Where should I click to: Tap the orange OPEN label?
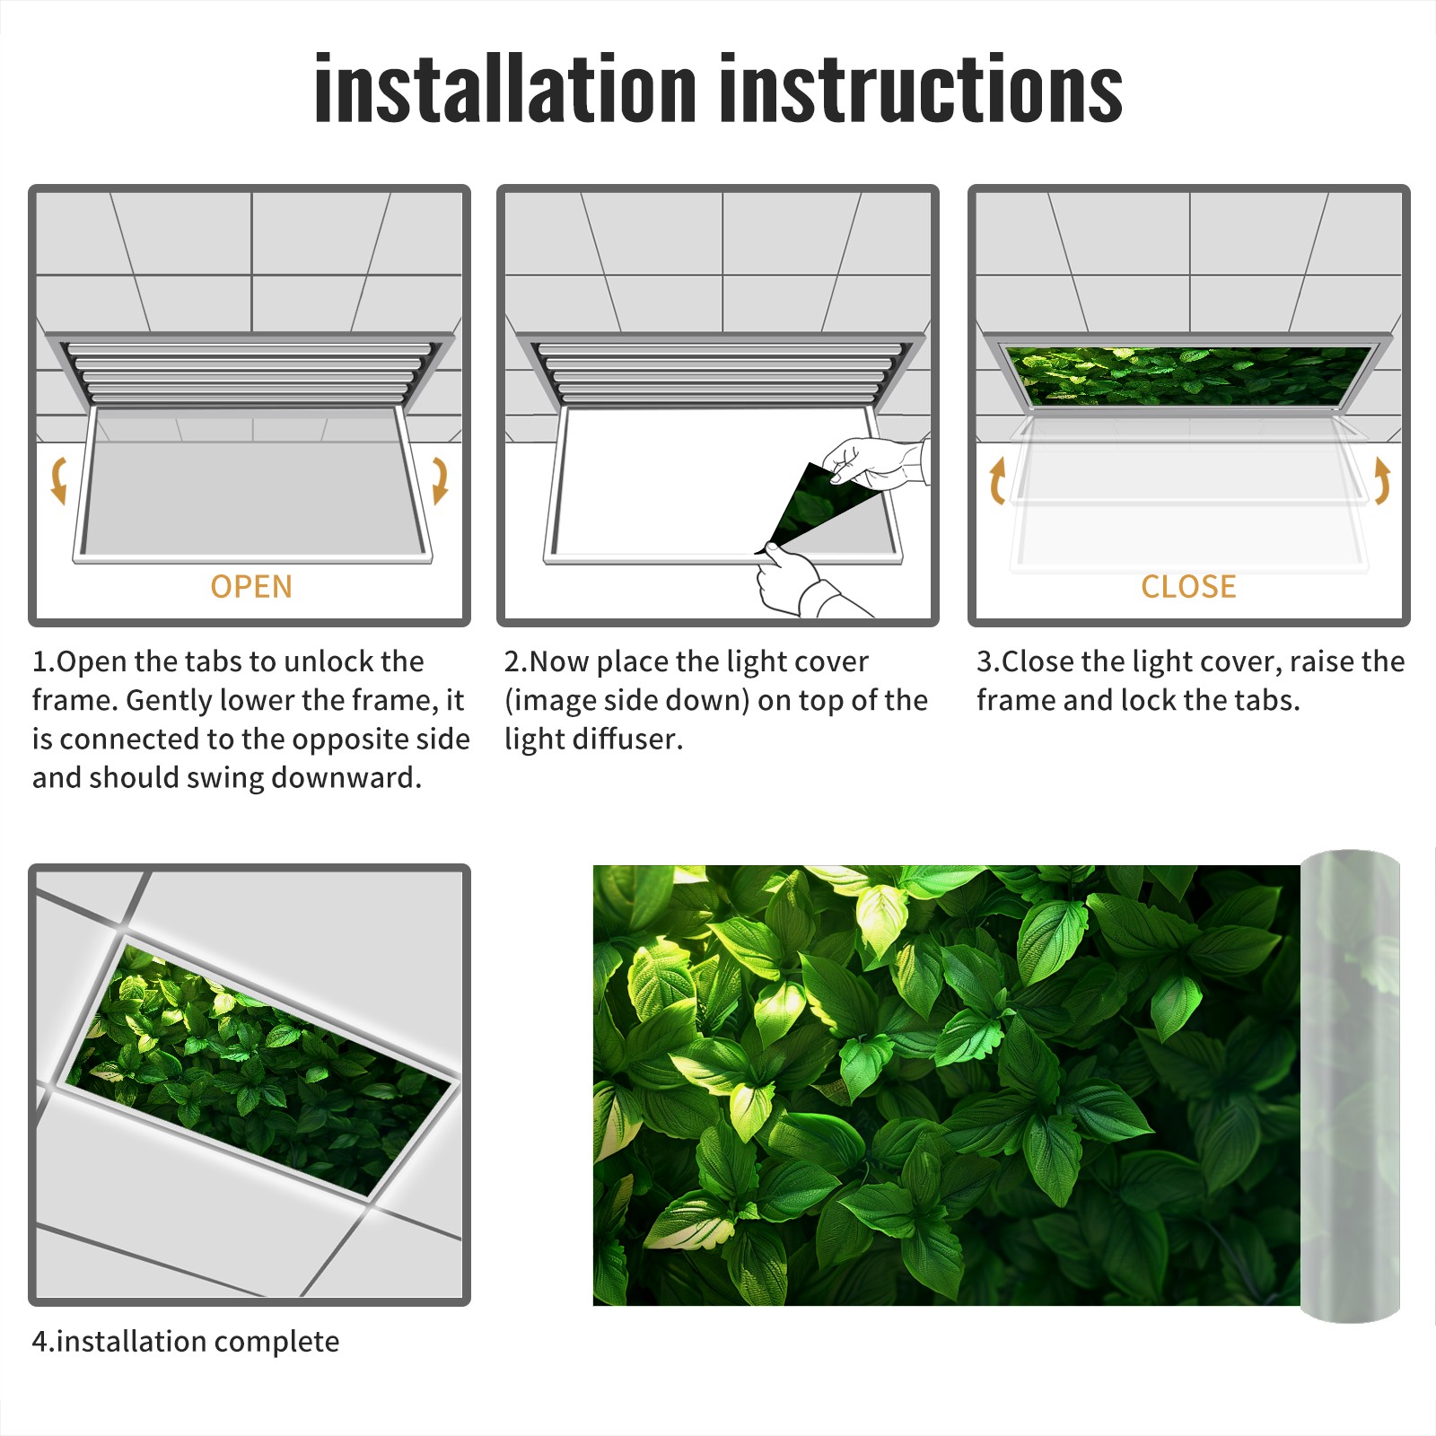tap(251, 586)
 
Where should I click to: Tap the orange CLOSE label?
tap(1188, 586)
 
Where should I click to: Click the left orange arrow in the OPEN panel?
tap(58, 480)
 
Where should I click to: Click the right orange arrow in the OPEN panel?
tap(440, 480)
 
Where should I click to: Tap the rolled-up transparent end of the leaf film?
tap(1350, 1086)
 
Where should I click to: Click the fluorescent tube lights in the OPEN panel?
tap(247, 372)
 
